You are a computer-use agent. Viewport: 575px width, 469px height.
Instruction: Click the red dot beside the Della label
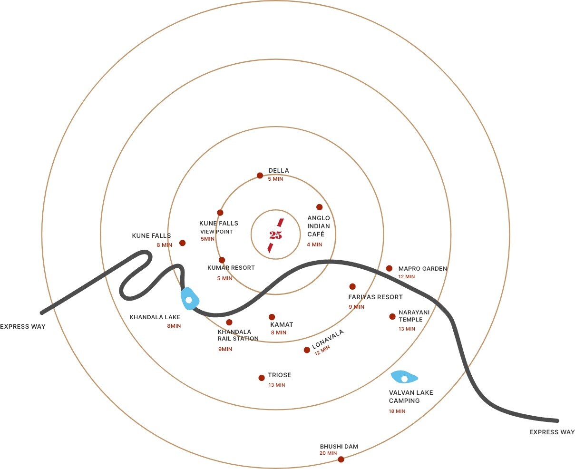260,176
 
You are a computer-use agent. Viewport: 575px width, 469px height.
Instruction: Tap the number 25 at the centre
275,235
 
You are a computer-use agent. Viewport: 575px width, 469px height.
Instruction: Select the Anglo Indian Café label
318,226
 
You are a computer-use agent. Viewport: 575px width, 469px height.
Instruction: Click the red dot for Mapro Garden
389,268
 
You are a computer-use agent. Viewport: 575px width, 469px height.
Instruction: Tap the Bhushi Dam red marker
341,459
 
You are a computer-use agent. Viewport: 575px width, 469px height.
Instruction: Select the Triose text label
279,375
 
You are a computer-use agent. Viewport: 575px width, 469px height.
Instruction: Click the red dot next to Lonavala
307,350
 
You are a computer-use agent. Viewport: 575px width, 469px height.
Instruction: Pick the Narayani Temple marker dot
392,316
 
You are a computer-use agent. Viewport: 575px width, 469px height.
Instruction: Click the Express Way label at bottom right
552,432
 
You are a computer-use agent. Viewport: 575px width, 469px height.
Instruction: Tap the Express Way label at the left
23,326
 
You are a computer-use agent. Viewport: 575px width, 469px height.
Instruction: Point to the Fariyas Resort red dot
352,286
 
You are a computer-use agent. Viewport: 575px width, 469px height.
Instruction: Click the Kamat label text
282,324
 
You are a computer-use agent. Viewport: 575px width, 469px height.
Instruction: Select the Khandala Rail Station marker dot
229,322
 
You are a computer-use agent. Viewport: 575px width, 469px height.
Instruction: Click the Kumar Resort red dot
222,260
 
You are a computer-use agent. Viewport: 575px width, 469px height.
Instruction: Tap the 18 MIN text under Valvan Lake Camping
397,411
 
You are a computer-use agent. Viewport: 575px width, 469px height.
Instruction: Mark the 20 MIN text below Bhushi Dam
328,453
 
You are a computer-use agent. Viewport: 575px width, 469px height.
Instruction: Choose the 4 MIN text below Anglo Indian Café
314,244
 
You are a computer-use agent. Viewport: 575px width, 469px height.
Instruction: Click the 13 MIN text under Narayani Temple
407,329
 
